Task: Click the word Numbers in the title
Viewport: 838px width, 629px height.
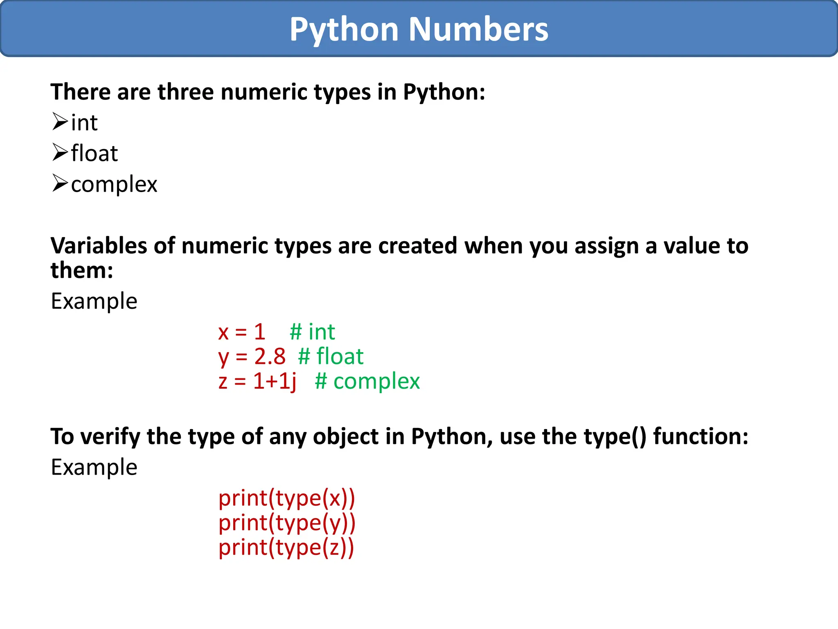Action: click(x=478, y=29)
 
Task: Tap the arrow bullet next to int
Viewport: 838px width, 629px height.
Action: click(x=60, y=122)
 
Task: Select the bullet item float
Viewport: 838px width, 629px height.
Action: click(x=94, y=153)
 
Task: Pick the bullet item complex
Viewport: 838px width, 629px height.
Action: click(x=114, y=184)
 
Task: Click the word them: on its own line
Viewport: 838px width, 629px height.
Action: click(x=82, y=270)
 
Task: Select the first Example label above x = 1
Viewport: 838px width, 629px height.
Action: click(x=94, y=301)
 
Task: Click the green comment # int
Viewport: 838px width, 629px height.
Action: click(x=312, y=332)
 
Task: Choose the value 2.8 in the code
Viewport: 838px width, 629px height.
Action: click(x=270, y=356)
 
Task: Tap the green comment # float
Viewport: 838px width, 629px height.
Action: click(x=331, y=356)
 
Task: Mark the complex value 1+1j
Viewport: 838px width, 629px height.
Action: click(x=275, y=381)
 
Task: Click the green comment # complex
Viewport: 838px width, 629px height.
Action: click(x=367, y=381)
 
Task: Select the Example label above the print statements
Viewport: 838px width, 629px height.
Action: click(x=94, y=467)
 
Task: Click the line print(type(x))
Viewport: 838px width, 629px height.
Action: click(x=286, y=498)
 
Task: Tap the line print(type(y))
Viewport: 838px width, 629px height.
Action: click(x=287, y=523)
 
